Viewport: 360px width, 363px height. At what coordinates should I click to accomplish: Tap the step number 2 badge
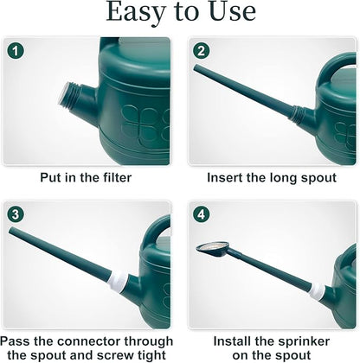201,50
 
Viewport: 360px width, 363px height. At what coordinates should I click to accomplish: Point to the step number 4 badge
201,213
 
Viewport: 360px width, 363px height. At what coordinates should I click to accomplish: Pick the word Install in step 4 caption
235,341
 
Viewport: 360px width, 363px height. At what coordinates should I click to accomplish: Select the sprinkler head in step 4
213,250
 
